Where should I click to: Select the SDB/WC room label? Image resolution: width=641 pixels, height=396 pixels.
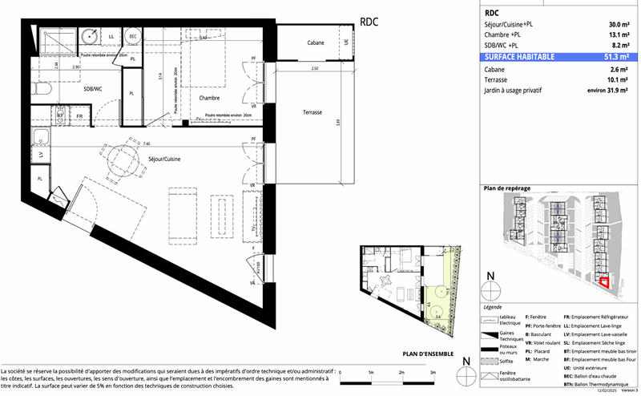coord(93,89)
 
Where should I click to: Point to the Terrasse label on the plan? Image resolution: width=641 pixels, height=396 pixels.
coord(312,112)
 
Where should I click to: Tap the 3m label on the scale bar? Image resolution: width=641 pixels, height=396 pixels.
coord(432,374)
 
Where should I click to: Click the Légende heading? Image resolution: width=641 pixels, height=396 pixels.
coord(494,307)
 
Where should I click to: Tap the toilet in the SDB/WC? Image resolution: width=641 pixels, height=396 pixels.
coord(46,92)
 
